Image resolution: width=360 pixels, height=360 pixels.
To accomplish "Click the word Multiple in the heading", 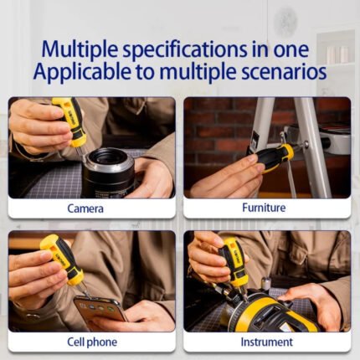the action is coord(80,49).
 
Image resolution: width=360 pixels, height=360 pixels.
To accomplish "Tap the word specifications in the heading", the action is coord(185,49).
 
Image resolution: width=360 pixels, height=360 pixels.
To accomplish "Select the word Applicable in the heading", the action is coord(82,72).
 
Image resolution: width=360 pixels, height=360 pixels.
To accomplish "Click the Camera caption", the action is coord(85,208).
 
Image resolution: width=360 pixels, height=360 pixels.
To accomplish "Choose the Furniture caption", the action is coord(264,208).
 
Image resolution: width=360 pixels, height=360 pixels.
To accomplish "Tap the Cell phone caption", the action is coord(92,342).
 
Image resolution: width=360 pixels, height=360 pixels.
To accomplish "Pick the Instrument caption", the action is coord(267,342).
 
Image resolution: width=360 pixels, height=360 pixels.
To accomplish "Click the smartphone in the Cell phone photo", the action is coord(100,309).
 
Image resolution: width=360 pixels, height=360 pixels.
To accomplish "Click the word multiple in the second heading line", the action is coord(198,73).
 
